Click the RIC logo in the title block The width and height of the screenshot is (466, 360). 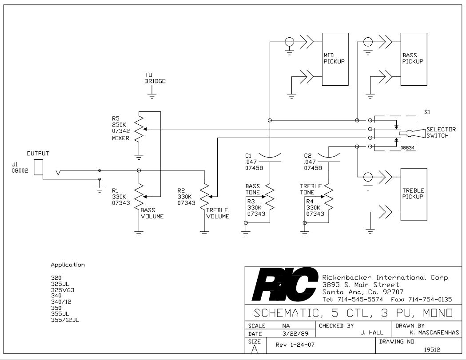pyautogui.click(x=284, y=284)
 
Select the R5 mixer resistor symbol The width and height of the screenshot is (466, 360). pyautogui.click(x=139, y=129)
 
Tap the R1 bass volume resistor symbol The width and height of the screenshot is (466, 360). pyautogui.click(x=139, y=196)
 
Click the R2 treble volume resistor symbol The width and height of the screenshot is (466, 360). pyautogui.click(x=204, y=196)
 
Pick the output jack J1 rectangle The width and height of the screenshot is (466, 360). pyautogui.click(x=38, y=167)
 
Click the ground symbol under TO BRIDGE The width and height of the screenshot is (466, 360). pyautogui.click(x=152, y=95)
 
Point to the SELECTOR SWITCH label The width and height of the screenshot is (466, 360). pyautogui.click(x=441, y=132)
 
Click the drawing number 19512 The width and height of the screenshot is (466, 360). pyautogui.click(x=432, y=350)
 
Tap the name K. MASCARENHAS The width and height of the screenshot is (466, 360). pyautogui.click(x=434, y=332)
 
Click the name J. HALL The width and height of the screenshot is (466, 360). pyautogui.click(x=372, y=332)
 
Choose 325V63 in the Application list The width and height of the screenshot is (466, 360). pyautogui.click(x=63, y=290)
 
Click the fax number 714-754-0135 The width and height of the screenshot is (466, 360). pyautogui.click(x=430, y=299)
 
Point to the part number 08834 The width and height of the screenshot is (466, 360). pyautogui.click(x=407, y=147)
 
